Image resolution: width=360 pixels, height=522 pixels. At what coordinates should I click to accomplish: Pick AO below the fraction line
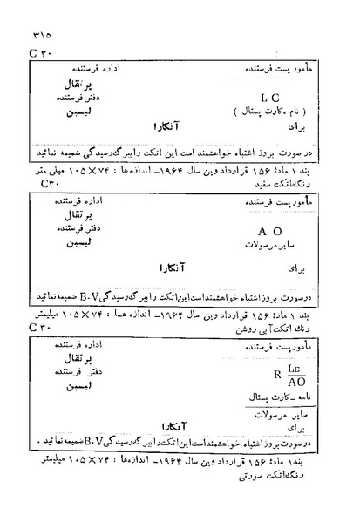268,388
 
